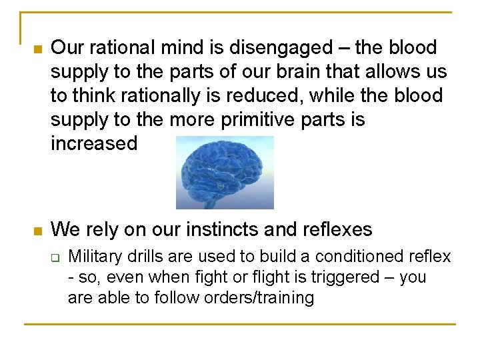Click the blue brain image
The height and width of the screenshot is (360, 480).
[x=225, y=172]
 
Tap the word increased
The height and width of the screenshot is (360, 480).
[x=94, y=143]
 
